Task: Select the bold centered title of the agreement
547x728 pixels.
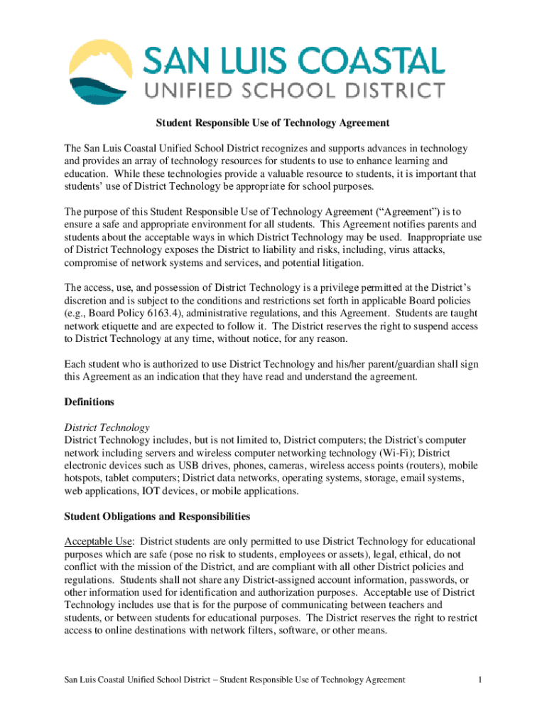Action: (x=273, y=123)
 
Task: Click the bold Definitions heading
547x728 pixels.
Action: (x=89, y=402)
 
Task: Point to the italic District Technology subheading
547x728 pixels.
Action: (x=107, y=427)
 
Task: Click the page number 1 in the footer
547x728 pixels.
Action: (x=481, y=680)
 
